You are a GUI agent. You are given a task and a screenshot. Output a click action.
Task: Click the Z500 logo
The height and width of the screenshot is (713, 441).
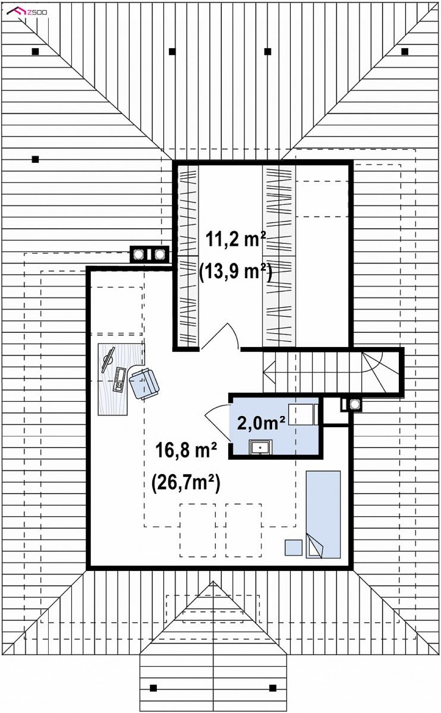27,12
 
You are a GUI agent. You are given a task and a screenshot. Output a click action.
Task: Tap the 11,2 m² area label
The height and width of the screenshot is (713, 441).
236,239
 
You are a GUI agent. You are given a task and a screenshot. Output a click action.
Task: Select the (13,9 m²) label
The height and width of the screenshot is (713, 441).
235,272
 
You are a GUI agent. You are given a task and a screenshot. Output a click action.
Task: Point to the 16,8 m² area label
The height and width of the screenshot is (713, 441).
186,450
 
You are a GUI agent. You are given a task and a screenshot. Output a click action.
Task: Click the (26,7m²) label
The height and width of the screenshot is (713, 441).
186,484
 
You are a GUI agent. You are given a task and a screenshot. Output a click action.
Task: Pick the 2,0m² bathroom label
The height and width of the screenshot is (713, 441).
261,423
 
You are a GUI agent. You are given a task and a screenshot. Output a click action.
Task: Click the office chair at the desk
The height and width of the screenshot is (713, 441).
144,383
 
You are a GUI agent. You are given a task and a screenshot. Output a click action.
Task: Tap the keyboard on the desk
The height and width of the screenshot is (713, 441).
119,380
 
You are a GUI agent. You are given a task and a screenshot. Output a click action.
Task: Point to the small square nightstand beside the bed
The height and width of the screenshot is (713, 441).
293,548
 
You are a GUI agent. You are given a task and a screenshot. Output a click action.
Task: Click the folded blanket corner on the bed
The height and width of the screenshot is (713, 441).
315,546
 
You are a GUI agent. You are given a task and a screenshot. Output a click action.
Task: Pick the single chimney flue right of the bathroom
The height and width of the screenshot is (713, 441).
354,404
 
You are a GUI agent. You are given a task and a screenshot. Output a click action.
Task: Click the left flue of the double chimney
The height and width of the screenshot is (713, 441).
139,254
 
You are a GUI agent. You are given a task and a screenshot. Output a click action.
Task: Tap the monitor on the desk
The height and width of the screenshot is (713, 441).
108,360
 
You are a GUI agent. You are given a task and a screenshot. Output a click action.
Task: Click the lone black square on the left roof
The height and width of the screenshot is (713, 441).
35,159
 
